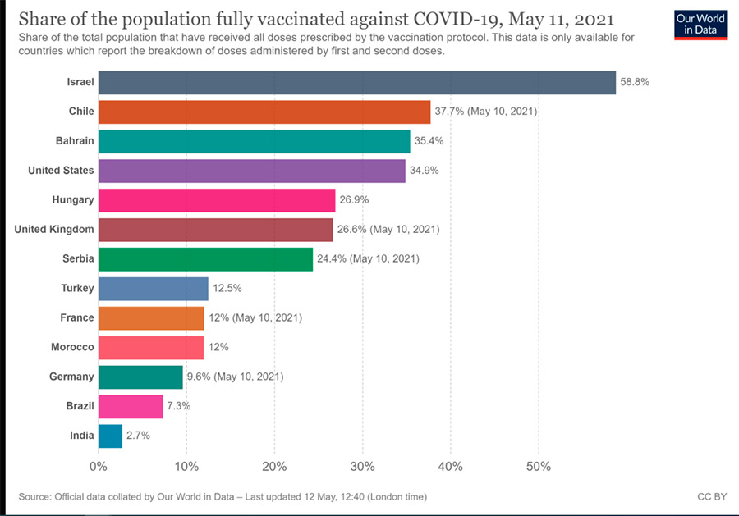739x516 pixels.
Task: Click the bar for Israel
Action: (x=356, y=82)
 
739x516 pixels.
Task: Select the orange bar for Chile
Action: (x=264, y=112)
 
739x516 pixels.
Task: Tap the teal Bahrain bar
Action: (x=254, y=141)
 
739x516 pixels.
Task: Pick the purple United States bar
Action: (x=251, y=171)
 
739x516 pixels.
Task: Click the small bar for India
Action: (x=110, y=436)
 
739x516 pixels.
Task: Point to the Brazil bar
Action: (x=130, y=406)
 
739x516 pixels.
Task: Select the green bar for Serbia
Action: (x=205, y=259)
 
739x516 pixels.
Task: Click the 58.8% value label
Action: (x=634, y=82)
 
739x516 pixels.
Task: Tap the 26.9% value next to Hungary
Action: (x=353, y=200)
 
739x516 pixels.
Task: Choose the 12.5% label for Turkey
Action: (x=227, y=289)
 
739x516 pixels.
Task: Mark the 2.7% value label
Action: (x=138, y=436)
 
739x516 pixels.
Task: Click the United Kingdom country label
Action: (x=54, y=230)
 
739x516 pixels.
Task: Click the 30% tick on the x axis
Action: (x=362, y=467)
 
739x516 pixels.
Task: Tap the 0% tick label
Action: (x=99, y=467)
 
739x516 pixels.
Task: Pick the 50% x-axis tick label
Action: (x=539, y=467)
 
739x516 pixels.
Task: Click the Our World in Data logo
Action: (x=700, y=25)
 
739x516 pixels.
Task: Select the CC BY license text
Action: (x=711, y=497)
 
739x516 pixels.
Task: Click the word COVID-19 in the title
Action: (x=466, y=18)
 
